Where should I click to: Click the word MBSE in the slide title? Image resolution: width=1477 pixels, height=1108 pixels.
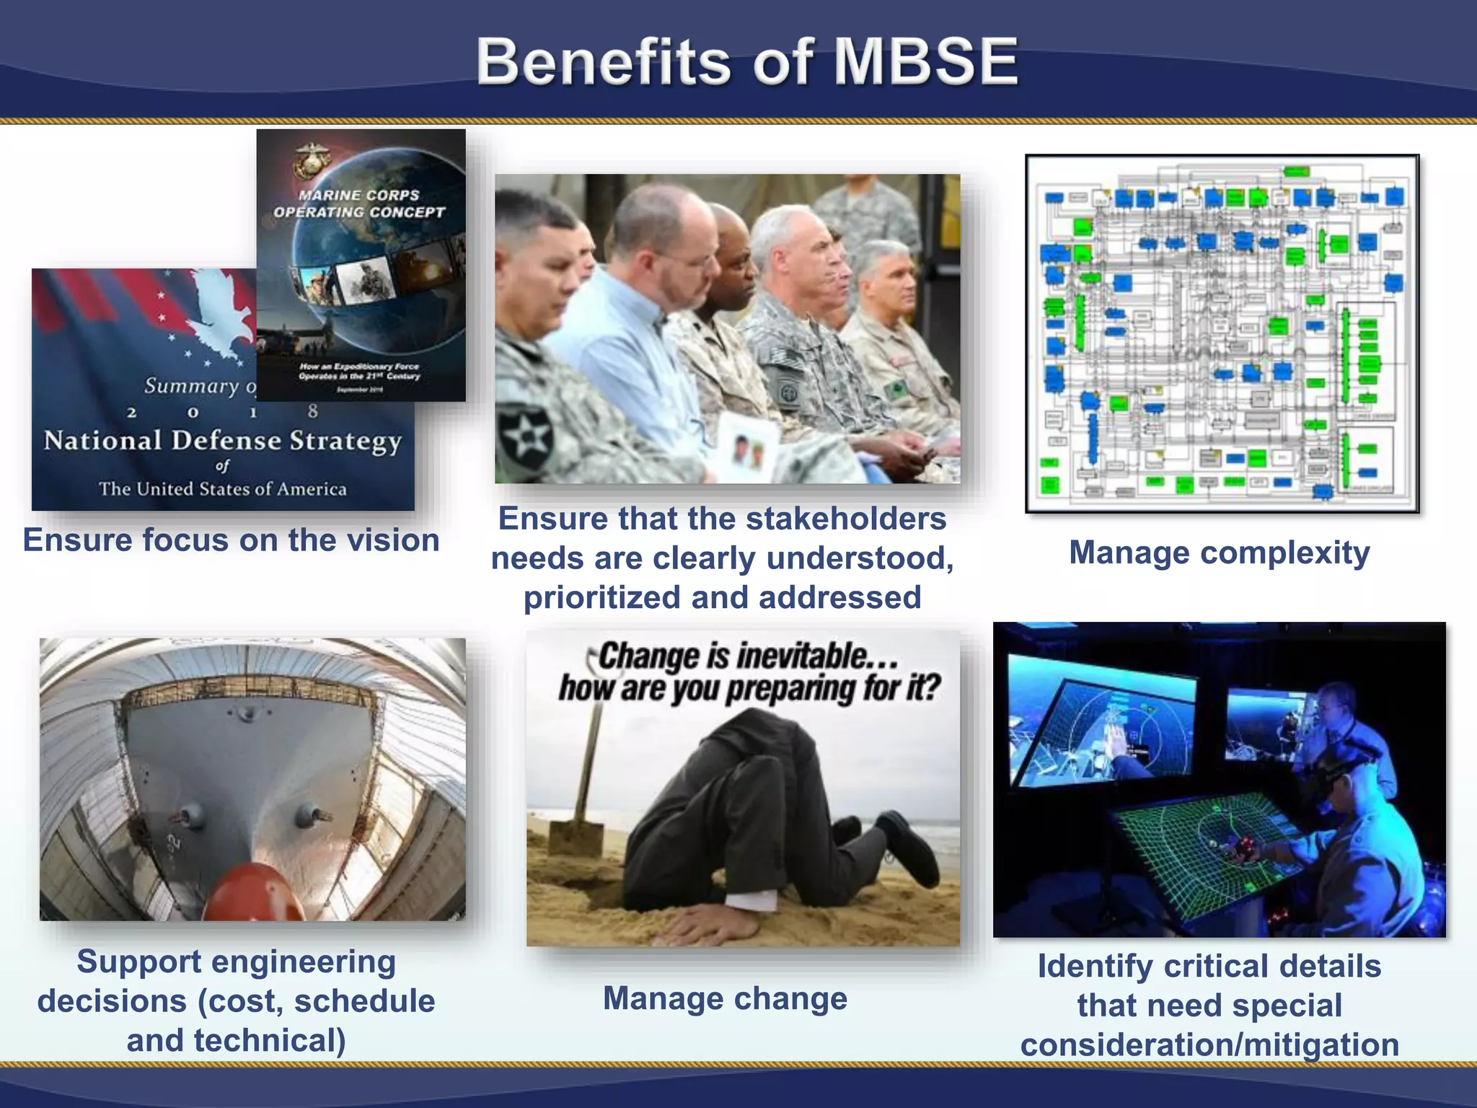(925, 62)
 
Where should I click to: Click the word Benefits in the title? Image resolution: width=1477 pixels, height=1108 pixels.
(603, 62)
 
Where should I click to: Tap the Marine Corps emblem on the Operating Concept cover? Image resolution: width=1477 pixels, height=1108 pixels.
(312, 160)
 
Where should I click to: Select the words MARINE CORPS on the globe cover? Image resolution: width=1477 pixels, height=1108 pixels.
(358, 195)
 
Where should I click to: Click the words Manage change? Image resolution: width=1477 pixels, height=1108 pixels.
(725, 999)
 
